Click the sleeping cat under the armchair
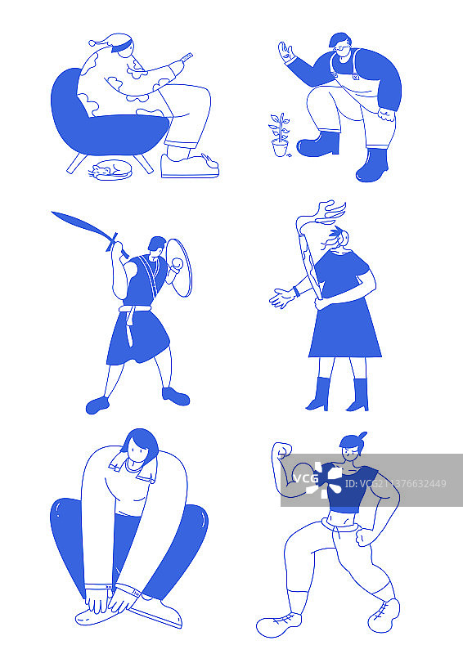point(110,171)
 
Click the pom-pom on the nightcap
point(92,43)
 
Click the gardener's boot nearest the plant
point(318,144)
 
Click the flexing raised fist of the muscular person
point(281,450)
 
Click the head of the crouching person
point(140,446)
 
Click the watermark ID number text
point(395,484)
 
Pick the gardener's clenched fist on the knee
point(386,114)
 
